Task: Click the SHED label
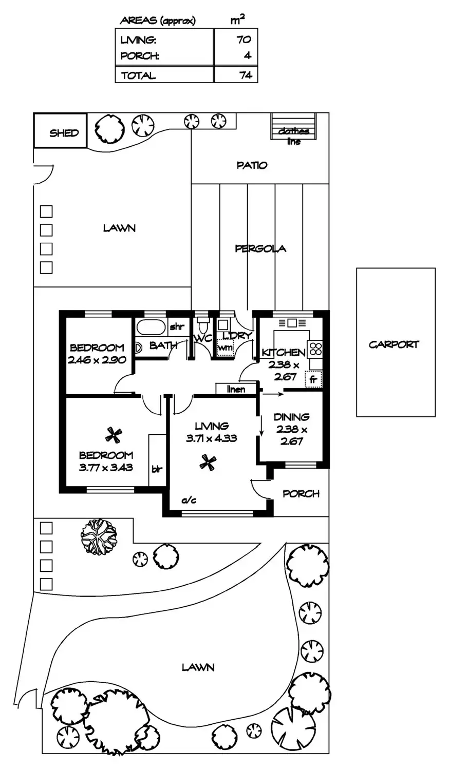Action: coord(64,133)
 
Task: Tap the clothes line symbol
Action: coord(293,126)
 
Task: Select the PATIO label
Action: coord(252,165)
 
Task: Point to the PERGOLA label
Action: coord(260,248)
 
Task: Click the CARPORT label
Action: coord(394,344)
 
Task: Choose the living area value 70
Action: coord(244,40)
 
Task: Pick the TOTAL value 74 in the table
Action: coord(246,75)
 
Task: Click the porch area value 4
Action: coord(248,55)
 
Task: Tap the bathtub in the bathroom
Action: coord(151,328)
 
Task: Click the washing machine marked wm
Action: coord(225,348)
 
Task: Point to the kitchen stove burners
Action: coord(315,348)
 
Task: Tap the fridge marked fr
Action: coord(313,379)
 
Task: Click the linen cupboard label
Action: coord(236,390)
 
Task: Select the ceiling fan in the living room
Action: coord(208,463)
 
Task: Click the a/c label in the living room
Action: coord(189,500)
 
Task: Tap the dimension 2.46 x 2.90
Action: coord(97,360)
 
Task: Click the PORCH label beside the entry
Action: coord(301,494)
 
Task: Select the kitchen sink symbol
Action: coord(292,323)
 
